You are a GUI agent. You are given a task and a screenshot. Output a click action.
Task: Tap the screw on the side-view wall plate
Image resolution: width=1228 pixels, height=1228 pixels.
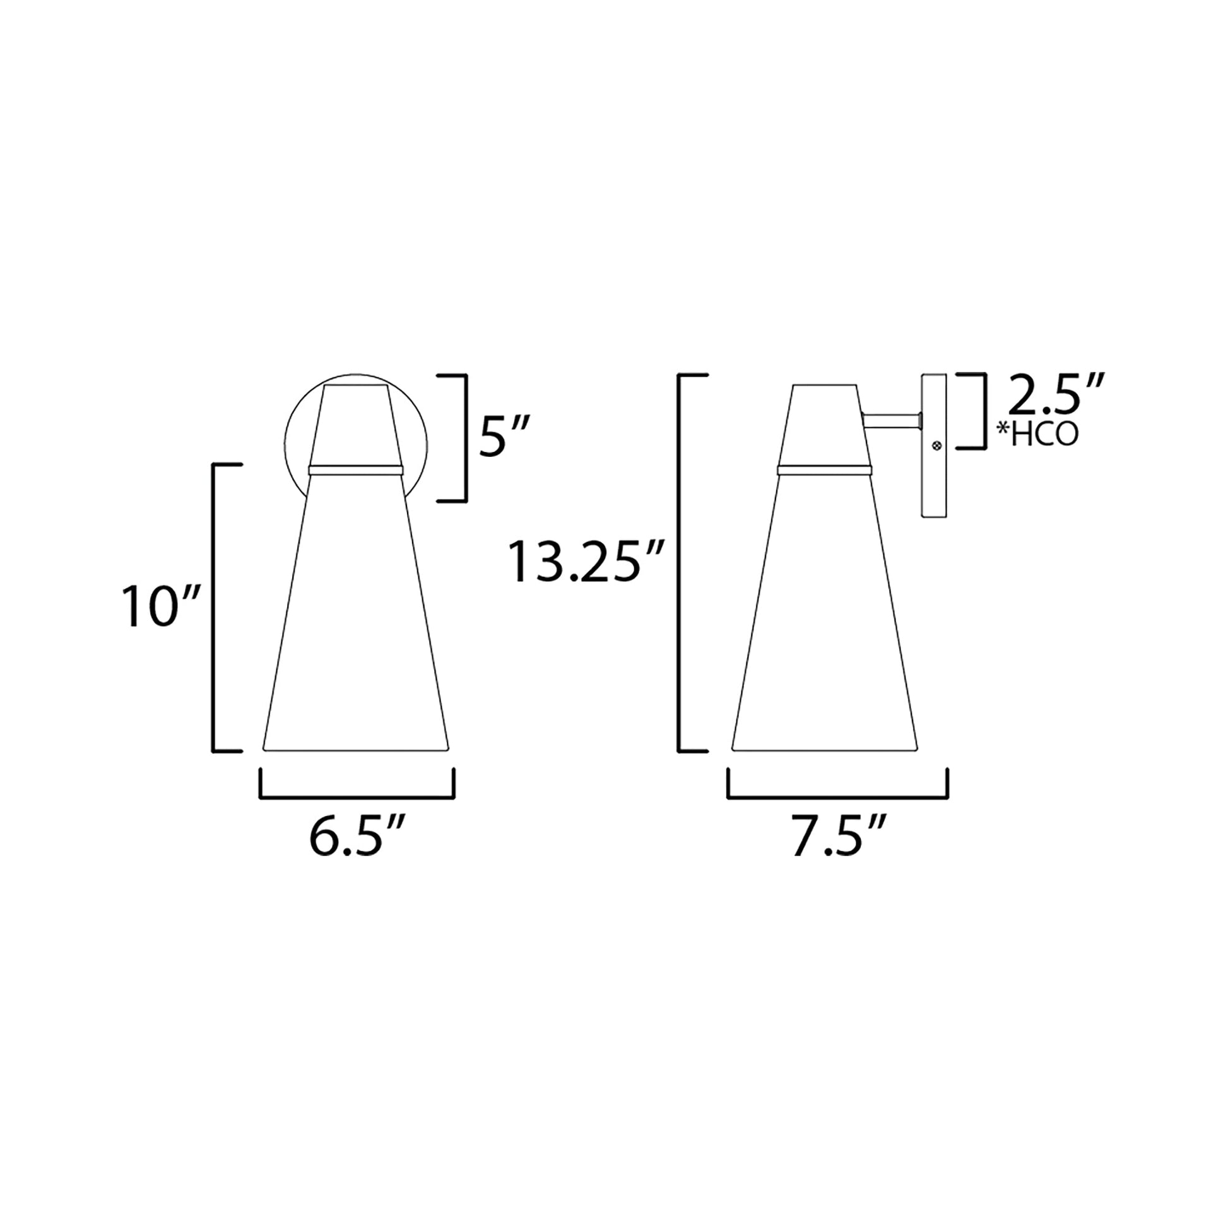(936, 447)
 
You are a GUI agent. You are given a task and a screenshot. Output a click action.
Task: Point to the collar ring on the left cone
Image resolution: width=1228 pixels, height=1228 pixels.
(355, 469)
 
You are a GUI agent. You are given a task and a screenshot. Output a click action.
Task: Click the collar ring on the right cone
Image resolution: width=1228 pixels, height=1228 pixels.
(824, 469)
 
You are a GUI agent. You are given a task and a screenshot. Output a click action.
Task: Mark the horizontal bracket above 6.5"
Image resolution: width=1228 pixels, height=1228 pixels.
(357, 796)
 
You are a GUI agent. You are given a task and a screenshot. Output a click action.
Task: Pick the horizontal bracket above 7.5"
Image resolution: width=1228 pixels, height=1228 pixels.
(838, 796)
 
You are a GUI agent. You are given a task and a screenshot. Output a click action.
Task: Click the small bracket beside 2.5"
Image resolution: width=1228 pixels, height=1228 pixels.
(984, 411)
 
